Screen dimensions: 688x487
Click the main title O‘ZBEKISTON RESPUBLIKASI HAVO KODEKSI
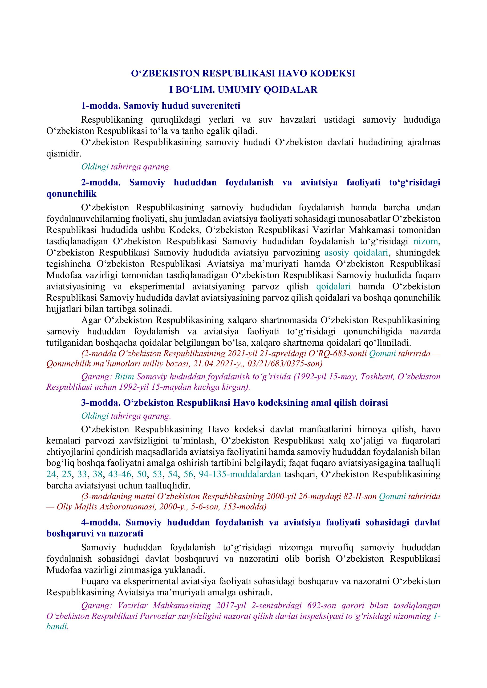click(243, 73)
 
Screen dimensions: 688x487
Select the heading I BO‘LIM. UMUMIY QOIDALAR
click(243, 90)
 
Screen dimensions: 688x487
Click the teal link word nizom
click(426, 241)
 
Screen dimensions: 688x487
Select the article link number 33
click(82, 474)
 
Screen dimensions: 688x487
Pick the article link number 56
click(188, 474)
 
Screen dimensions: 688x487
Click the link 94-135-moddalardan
click(240, 474)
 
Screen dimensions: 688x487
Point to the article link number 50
click(142, 474)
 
